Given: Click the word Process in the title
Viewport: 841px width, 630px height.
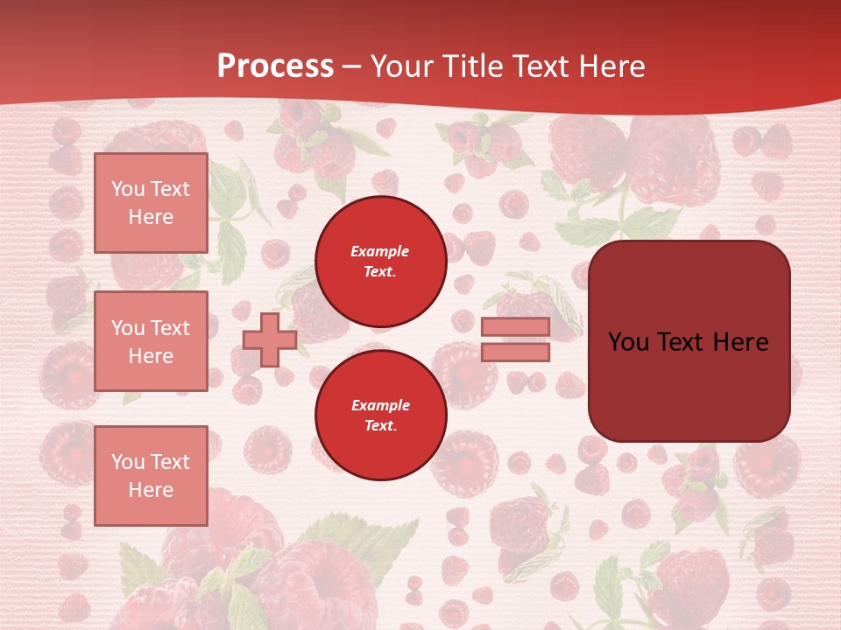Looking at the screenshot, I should click(x=275, y=66).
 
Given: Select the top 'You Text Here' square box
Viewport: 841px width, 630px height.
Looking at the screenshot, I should click(x=151, y=203).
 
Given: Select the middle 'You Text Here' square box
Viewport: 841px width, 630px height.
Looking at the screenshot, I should click(x=151, y=341).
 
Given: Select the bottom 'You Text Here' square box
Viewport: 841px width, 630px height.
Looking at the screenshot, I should click(x=151, y=476).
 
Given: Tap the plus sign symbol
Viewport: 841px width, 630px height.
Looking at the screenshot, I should click(x=269, y=339).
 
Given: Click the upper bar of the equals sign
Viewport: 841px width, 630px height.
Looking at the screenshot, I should click(x=515, y=327).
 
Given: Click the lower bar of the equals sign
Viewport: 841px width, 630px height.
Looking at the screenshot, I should click(x=515, y=352).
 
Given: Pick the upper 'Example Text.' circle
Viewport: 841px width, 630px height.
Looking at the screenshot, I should click(x=380, y=261).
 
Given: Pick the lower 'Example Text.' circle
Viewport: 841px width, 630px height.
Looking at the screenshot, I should click(x=380, y=415).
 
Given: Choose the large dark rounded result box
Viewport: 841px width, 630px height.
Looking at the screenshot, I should click(x=689, y=341).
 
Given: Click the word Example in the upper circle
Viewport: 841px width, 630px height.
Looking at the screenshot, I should click(x=380, y=251).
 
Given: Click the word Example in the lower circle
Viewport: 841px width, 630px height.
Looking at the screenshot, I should click(x=380, y=405).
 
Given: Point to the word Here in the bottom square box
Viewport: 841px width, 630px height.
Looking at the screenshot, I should click(x=151, y=490).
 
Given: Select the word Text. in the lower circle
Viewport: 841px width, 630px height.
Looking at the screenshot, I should click(x=380, y=426).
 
